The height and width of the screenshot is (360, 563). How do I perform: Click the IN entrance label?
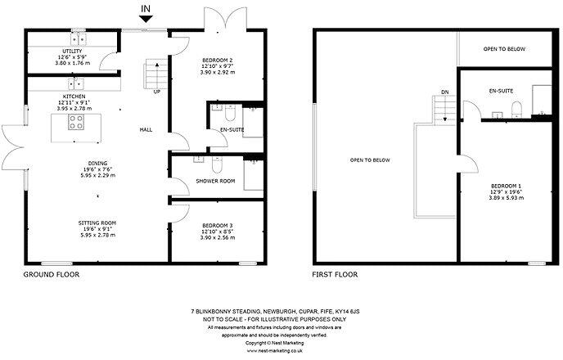tap(146, 11)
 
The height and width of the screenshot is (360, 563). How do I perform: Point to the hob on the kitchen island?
tap(76, 122)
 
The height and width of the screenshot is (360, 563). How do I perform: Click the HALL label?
tap(146, 130)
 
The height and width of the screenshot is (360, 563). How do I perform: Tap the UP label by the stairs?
tap(156, 91)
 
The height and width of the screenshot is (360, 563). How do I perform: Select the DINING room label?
tap(99, 163)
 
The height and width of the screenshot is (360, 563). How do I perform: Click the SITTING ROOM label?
tap(98, 222)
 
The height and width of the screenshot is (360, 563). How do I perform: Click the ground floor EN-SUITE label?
tap(232, 130)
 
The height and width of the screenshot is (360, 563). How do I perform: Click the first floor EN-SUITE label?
tap(500, 90)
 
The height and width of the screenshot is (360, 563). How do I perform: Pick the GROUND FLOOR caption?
tap(51, 275)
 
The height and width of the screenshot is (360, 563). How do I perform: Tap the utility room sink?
tap(79, 38)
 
